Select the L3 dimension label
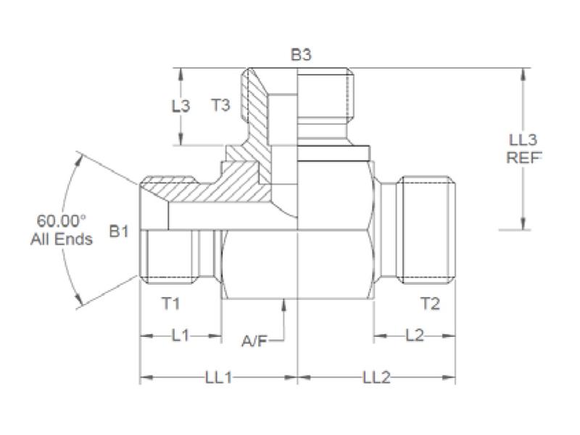pos(181,106)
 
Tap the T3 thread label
pos(220,106)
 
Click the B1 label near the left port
pos(119,232)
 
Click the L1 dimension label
pos(181,336)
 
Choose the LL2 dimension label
pos(376,378)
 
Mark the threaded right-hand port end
pos(428,228)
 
